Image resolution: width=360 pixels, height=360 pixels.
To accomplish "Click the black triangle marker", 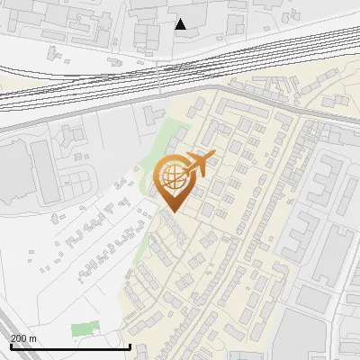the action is (181, 24).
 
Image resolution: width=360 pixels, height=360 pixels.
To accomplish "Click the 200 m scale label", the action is (23, 338).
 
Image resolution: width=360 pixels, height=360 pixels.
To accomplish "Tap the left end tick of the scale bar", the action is (11, 345).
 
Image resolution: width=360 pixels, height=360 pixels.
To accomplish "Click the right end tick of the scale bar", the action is (130, 345).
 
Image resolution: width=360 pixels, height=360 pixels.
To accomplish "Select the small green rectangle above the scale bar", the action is (84, 329).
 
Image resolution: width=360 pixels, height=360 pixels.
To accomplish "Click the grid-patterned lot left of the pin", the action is (77, 184).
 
